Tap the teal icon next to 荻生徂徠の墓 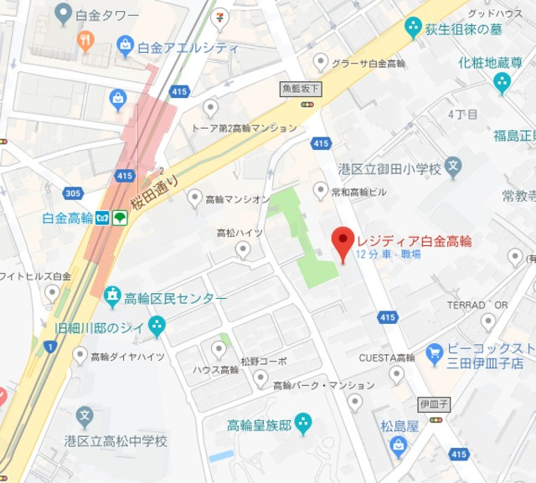tap(412, 28)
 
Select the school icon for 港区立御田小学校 tap(453, 167)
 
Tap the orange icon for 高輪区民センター tap(112, 296)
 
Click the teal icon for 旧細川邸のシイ tap(157, 325)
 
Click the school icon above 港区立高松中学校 tap(84, 416)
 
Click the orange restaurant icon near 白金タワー tap(85, 41)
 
